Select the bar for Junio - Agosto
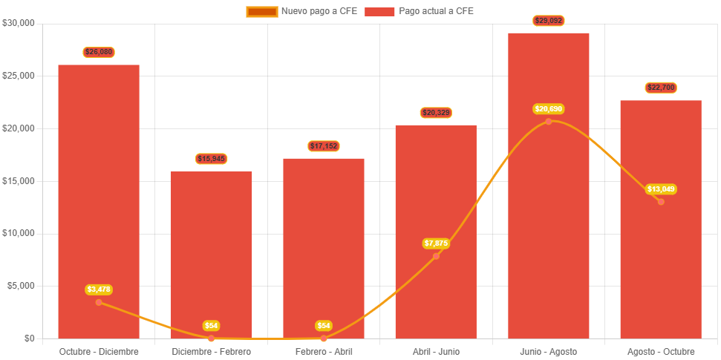[x=548, y=223]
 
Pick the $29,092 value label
[x=549, y=21]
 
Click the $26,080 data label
[x=99, y=52]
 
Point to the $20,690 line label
[x=549, y=109]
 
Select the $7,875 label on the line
[x=436, y=243]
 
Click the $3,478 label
[x=99, y=289]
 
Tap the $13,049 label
[x=661, y=189]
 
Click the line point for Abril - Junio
[x=436, y=256]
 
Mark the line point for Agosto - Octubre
[x=661, y=202]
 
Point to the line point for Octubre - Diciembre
[x=99, y=302]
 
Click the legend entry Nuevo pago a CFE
[x=302, y=11]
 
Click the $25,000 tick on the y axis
[x=19, y=76]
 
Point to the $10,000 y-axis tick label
[x=19, y=233]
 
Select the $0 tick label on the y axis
[x=29, y=338]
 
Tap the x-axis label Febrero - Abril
[x=324, y=351]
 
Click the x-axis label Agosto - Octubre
[x=661, y=351]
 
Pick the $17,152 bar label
[x=324, y=146]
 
